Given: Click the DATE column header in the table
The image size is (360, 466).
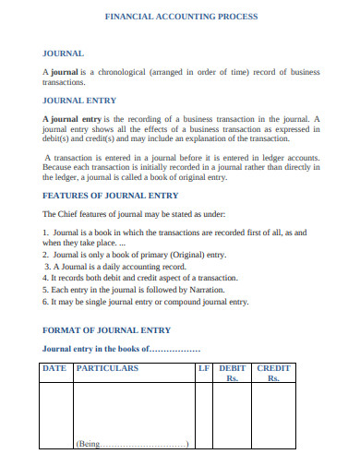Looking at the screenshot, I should click(x=54, y=367).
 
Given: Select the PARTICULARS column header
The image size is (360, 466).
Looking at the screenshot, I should click(x=107, y=367).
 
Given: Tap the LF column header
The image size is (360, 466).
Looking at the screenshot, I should click(x=204, y=367).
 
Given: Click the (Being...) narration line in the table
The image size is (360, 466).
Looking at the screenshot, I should click(x=133, y=444).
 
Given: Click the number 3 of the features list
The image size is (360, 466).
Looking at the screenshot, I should click(x=47, y=266).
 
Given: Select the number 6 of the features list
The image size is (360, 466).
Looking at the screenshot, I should click(x=46, y=302).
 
